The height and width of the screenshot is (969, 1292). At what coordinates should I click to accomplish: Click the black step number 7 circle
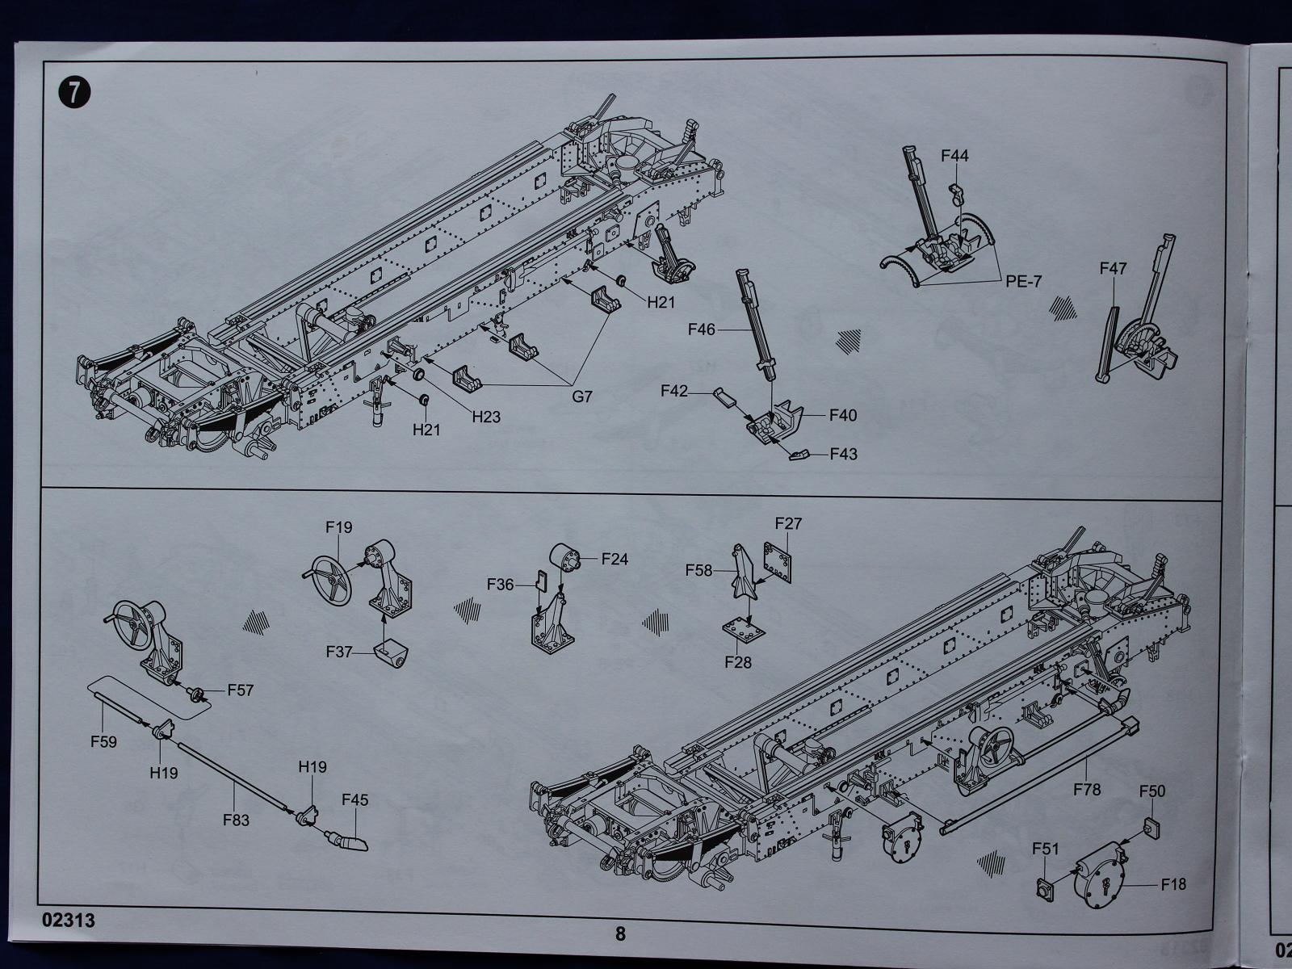75,94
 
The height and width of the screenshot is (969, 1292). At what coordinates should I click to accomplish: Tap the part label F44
954,156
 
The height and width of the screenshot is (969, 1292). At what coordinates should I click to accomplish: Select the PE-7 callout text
1023,281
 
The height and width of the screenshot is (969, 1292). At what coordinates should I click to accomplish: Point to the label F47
1113,268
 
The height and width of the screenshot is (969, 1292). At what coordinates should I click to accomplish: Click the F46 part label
701,329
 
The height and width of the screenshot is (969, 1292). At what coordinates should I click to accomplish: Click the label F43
844,454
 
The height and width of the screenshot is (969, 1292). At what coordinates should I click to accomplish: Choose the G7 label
581,396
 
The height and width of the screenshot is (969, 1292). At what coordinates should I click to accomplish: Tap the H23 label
486,417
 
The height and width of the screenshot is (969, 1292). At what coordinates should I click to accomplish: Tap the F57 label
240,690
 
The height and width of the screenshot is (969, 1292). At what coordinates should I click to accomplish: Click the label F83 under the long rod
236,820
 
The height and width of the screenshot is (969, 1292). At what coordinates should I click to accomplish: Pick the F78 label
1087,789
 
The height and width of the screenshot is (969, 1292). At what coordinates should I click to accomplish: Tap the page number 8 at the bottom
620,933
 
